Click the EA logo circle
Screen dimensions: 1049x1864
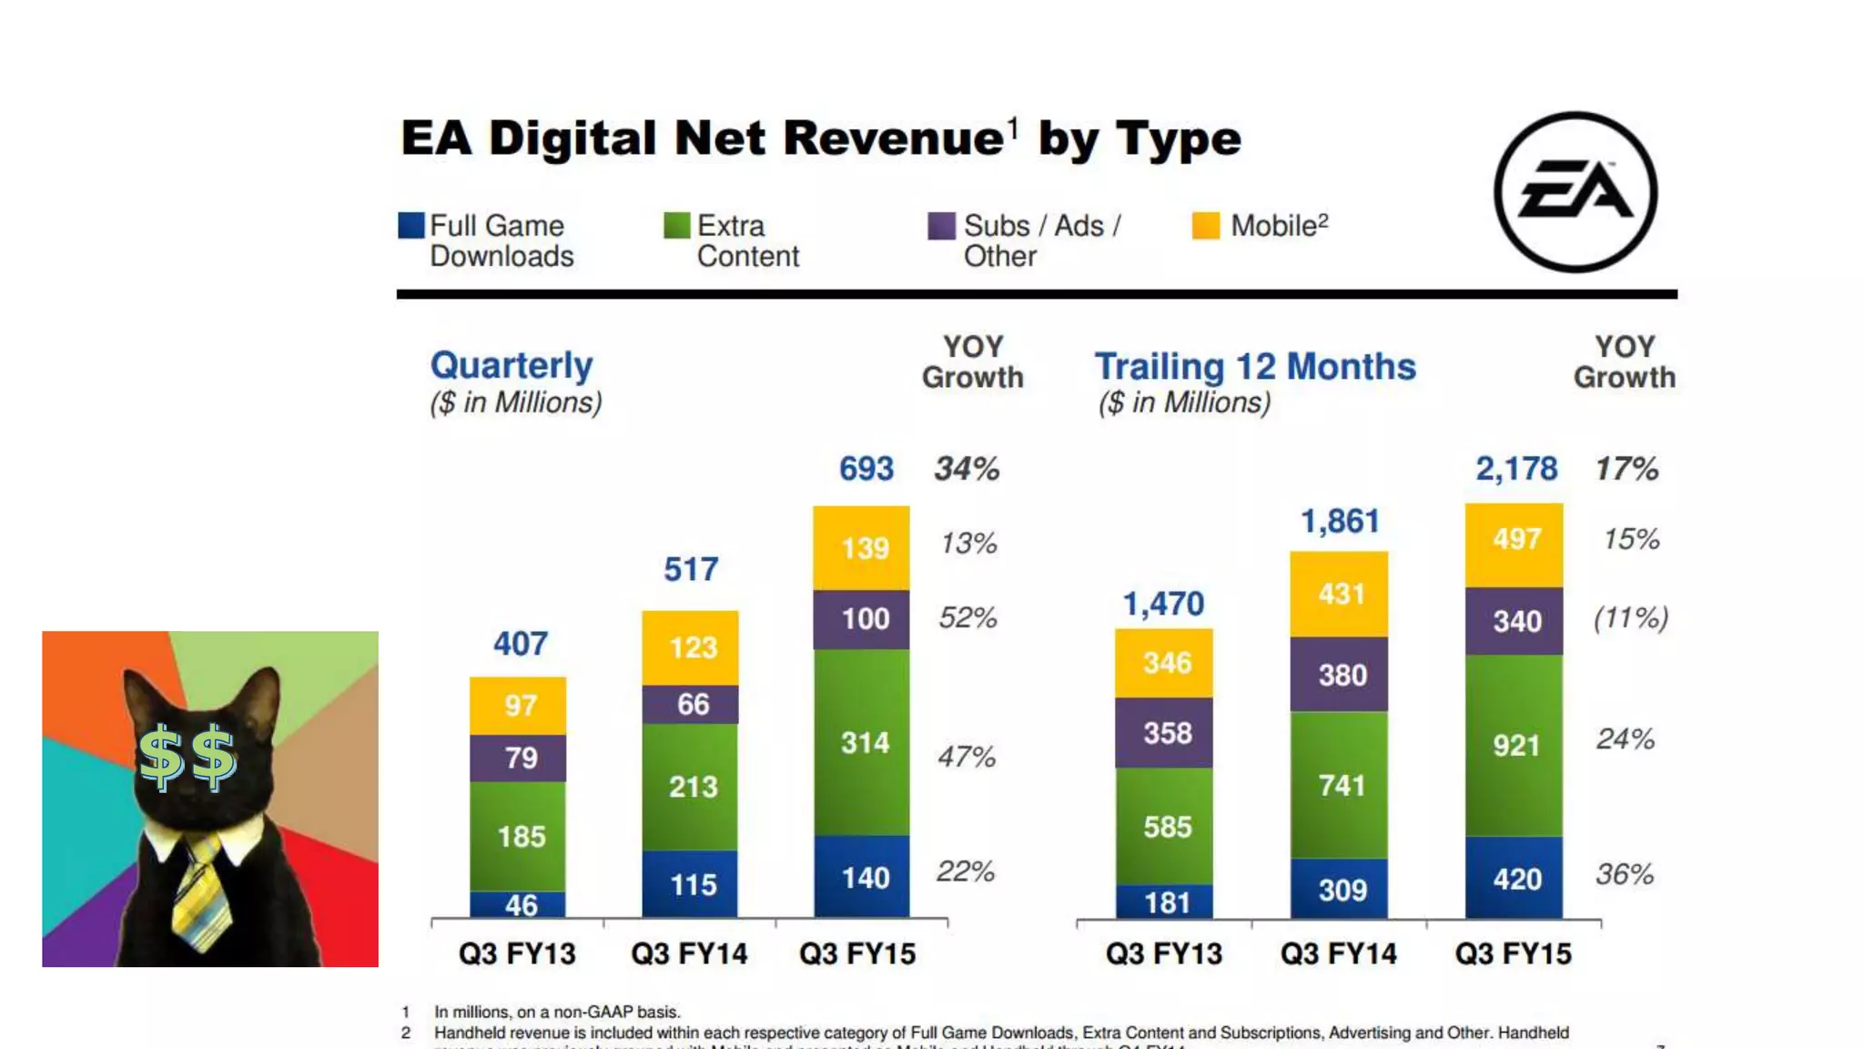[x=1575, y=192]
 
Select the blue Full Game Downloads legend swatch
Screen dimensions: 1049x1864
[x=411, y=225]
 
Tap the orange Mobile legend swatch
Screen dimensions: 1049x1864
[x=1206, y=225]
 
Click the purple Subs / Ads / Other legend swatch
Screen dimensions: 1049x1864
[x=941, y=225]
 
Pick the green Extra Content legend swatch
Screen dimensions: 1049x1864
[x=676, y=225]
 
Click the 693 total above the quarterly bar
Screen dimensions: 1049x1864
[x=866, y=469]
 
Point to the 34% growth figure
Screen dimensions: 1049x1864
[x=967, y=469]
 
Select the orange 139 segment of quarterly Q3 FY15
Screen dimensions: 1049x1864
[x=862, y=548]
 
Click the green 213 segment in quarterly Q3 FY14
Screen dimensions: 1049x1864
[x=691, y=787]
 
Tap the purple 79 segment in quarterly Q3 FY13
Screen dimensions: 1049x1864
[x=519, y=758]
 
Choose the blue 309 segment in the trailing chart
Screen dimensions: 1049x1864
[x=1340, y=889]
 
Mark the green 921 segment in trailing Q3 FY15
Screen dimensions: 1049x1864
[x=1514, y=746]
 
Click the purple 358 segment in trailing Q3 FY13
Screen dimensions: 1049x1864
[x=1165, y=733]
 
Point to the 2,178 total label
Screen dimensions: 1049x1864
[x=1516, y=469]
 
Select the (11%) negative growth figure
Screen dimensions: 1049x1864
[x=1631, y=618]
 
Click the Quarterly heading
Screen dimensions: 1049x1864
[x=512, y=365]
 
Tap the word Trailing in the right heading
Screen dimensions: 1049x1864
[x=1159, y=367]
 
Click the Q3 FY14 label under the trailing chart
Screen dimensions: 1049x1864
[x=1338, y=953]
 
